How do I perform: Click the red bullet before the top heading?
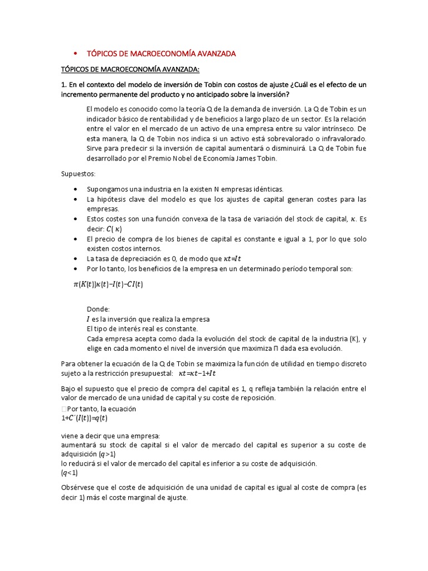75,54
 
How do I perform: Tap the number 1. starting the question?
64,84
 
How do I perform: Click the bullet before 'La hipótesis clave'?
75,199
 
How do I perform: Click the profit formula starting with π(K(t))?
108,284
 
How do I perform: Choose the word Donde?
99,309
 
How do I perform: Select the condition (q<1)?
70,473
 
